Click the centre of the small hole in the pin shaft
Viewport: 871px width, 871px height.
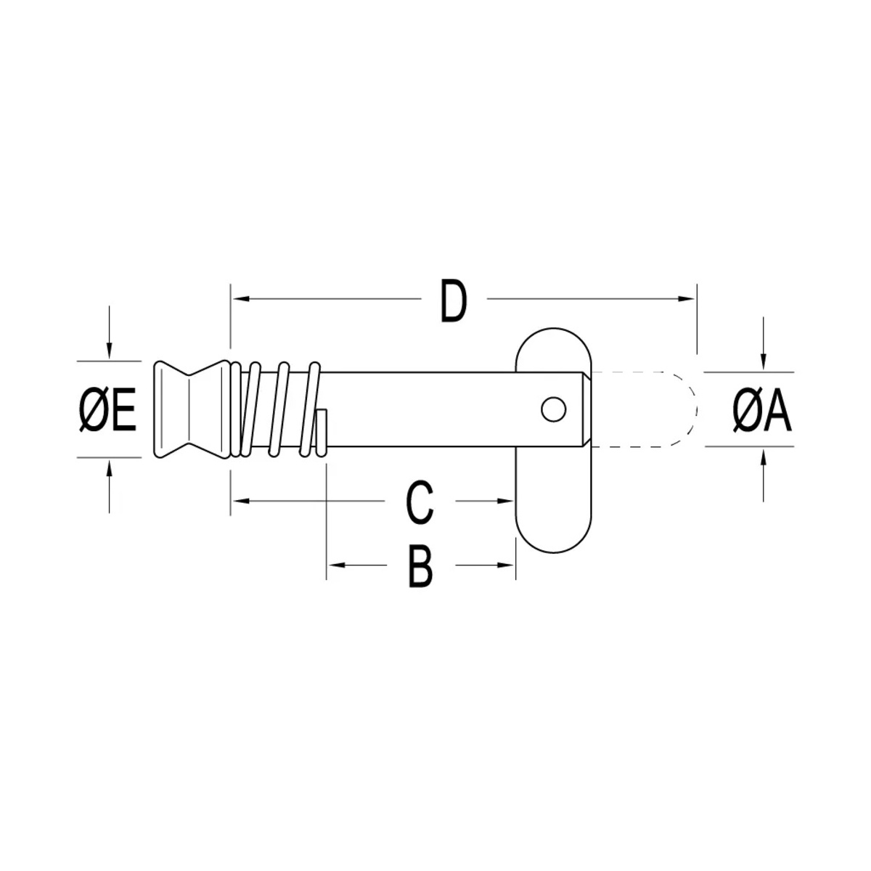pos(553,409)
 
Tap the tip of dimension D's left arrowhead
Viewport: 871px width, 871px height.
pos(231,299)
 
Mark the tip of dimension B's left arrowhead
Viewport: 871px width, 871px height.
pos(327,565)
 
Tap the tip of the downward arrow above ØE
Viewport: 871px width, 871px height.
pos(109,360)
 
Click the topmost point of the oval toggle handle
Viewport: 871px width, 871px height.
pos(553,327)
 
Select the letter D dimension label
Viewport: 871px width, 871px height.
pos(454,301)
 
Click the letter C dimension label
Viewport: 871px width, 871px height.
pos(420,503)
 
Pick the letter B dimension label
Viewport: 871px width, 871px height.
pos(420,566)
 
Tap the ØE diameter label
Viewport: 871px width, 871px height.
pos(107,409)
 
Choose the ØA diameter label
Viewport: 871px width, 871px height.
pos(762,409)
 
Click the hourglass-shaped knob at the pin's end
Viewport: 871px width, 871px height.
pos(192,409)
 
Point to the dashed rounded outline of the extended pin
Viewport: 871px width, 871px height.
pos(644,409)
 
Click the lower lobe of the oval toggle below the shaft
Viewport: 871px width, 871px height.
pos(553,499)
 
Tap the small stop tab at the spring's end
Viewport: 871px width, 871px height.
pos(322,432)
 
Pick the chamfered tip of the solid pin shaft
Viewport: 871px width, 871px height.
pos(586,409)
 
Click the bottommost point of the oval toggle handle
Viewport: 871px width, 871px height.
pos(553,553)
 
